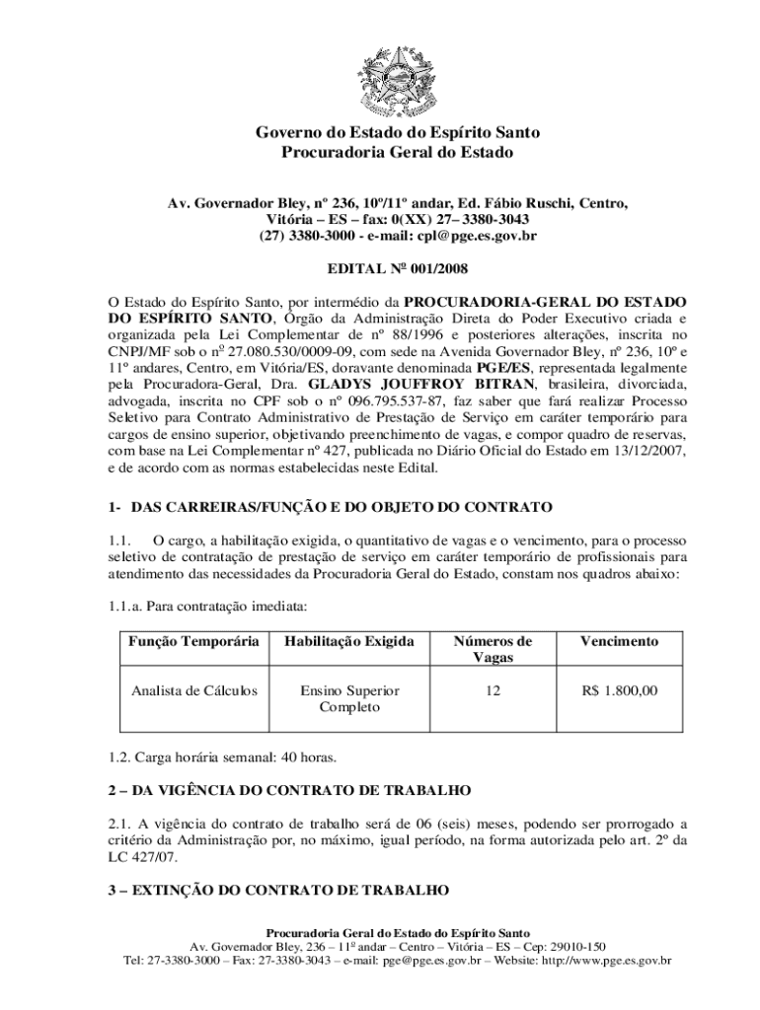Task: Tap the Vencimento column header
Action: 619,642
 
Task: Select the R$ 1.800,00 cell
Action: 619,691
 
